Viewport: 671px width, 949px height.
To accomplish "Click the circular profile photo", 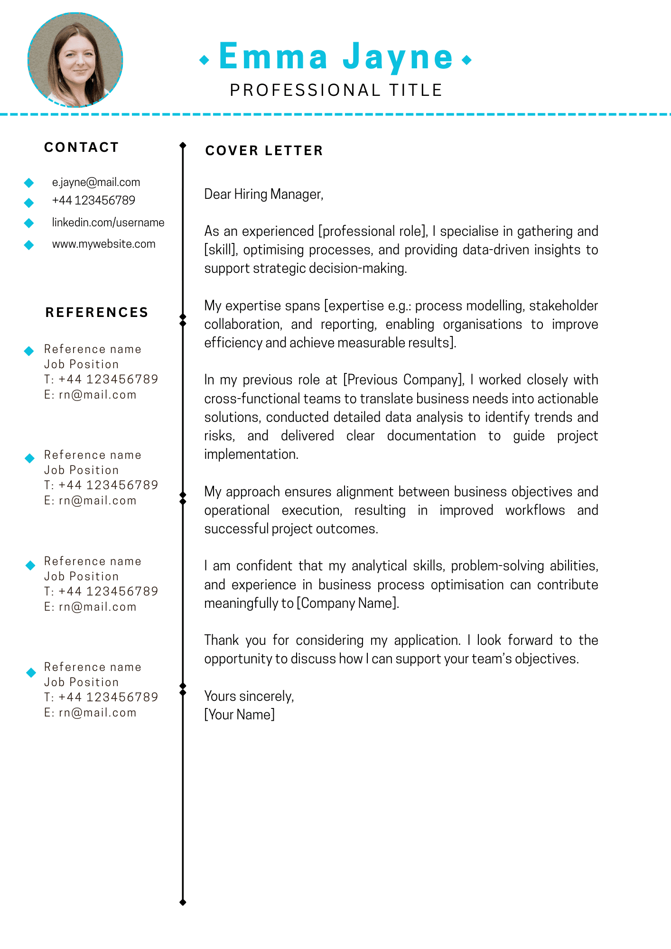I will pyautogui.click(x=75, y=60).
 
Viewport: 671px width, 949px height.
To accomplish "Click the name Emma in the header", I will pyautogui.click(x=273, y=57).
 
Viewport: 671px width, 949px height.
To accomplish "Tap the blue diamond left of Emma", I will pyautogui.click(x=205, y=60).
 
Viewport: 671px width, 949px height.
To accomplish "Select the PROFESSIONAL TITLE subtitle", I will pyautogui.click(x=336, y=90).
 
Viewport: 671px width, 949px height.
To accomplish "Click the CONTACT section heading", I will pyautogui.click(x=81, y=148).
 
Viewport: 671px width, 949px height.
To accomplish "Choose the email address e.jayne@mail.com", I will pyautogui.click(x=96, y=182).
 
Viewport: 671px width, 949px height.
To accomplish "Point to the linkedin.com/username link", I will pyautogui.click(x=108, y=223).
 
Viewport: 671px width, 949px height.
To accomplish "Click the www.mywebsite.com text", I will pyautogui.click(x=103, y=244).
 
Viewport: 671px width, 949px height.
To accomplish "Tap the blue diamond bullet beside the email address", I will pyautogui.click(x=29, y=183).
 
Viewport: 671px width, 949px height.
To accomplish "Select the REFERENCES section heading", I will pyautogui.click(x=97, y=312).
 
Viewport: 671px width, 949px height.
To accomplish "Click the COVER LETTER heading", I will pyautogui.click(x=264, y=151).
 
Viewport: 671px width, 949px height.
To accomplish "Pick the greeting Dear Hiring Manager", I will pyautogui.click(x=263, y=194).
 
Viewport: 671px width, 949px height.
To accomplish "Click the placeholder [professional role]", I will pyautogui.click(x=373, y=232).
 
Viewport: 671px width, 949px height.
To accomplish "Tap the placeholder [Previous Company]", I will pyautogui.click(x=403, y=380).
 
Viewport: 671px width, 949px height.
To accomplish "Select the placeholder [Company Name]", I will pyautogui.click(x=347, y=603).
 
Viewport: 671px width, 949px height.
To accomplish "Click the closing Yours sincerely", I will pyautogui.click(x=249, y=696).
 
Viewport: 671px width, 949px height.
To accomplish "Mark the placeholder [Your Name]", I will pyautogui.click(x=239, y=715).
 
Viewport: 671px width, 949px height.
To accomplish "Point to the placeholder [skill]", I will pyautogui.click(x=221, y=250).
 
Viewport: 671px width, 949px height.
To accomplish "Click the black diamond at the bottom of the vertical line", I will pyautogui.click(x=183, y=902).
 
